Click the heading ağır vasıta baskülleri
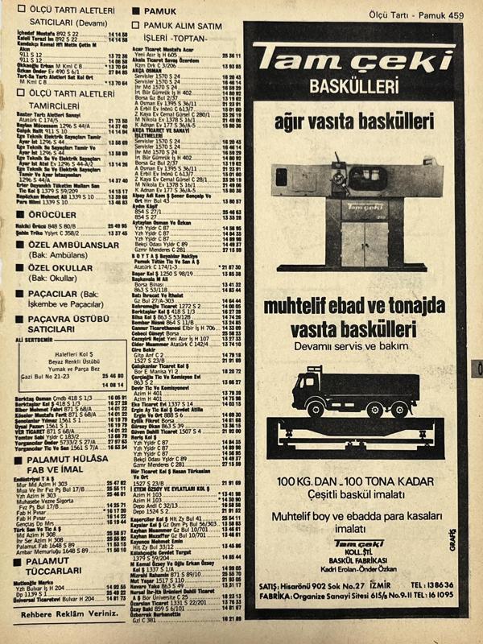click(353, 123)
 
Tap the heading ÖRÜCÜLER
click(49, 216)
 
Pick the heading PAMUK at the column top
click(160, 12)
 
